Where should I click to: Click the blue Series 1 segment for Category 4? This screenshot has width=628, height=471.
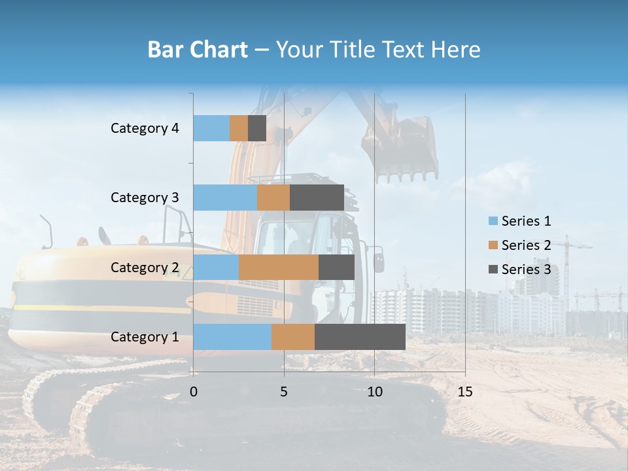coord(211,128)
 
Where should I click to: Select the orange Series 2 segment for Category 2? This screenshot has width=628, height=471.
coord(279,267)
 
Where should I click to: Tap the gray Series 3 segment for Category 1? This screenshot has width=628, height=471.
coord(360,337)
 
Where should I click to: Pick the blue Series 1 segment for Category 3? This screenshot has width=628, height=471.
coord(225,198)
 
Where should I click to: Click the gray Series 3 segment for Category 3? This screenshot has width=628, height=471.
coord(317,198)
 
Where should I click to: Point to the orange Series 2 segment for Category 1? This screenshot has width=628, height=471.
coord(293,337)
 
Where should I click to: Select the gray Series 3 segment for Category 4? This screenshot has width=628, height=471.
coord(257,128)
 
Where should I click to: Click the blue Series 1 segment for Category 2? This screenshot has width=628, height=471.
coord(216,267)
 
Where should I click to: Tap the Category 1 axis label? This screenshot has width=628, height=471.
coord(145,337)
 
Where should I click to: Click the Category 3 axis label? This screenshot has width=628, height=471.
coord(145,198)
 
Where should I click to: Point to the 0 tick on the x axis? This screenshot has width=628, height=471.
coord(194,392)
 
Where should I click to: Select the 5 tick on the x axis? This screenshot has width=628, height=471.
coord(284,392)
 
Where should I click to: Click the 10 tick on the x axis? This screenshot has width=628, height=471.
coord(374,392)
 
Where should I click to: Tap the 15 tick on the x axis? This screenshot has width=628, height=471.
coord(464,392)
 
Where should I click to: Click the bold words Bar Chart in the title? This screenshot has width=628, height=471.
coord(198,50)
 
